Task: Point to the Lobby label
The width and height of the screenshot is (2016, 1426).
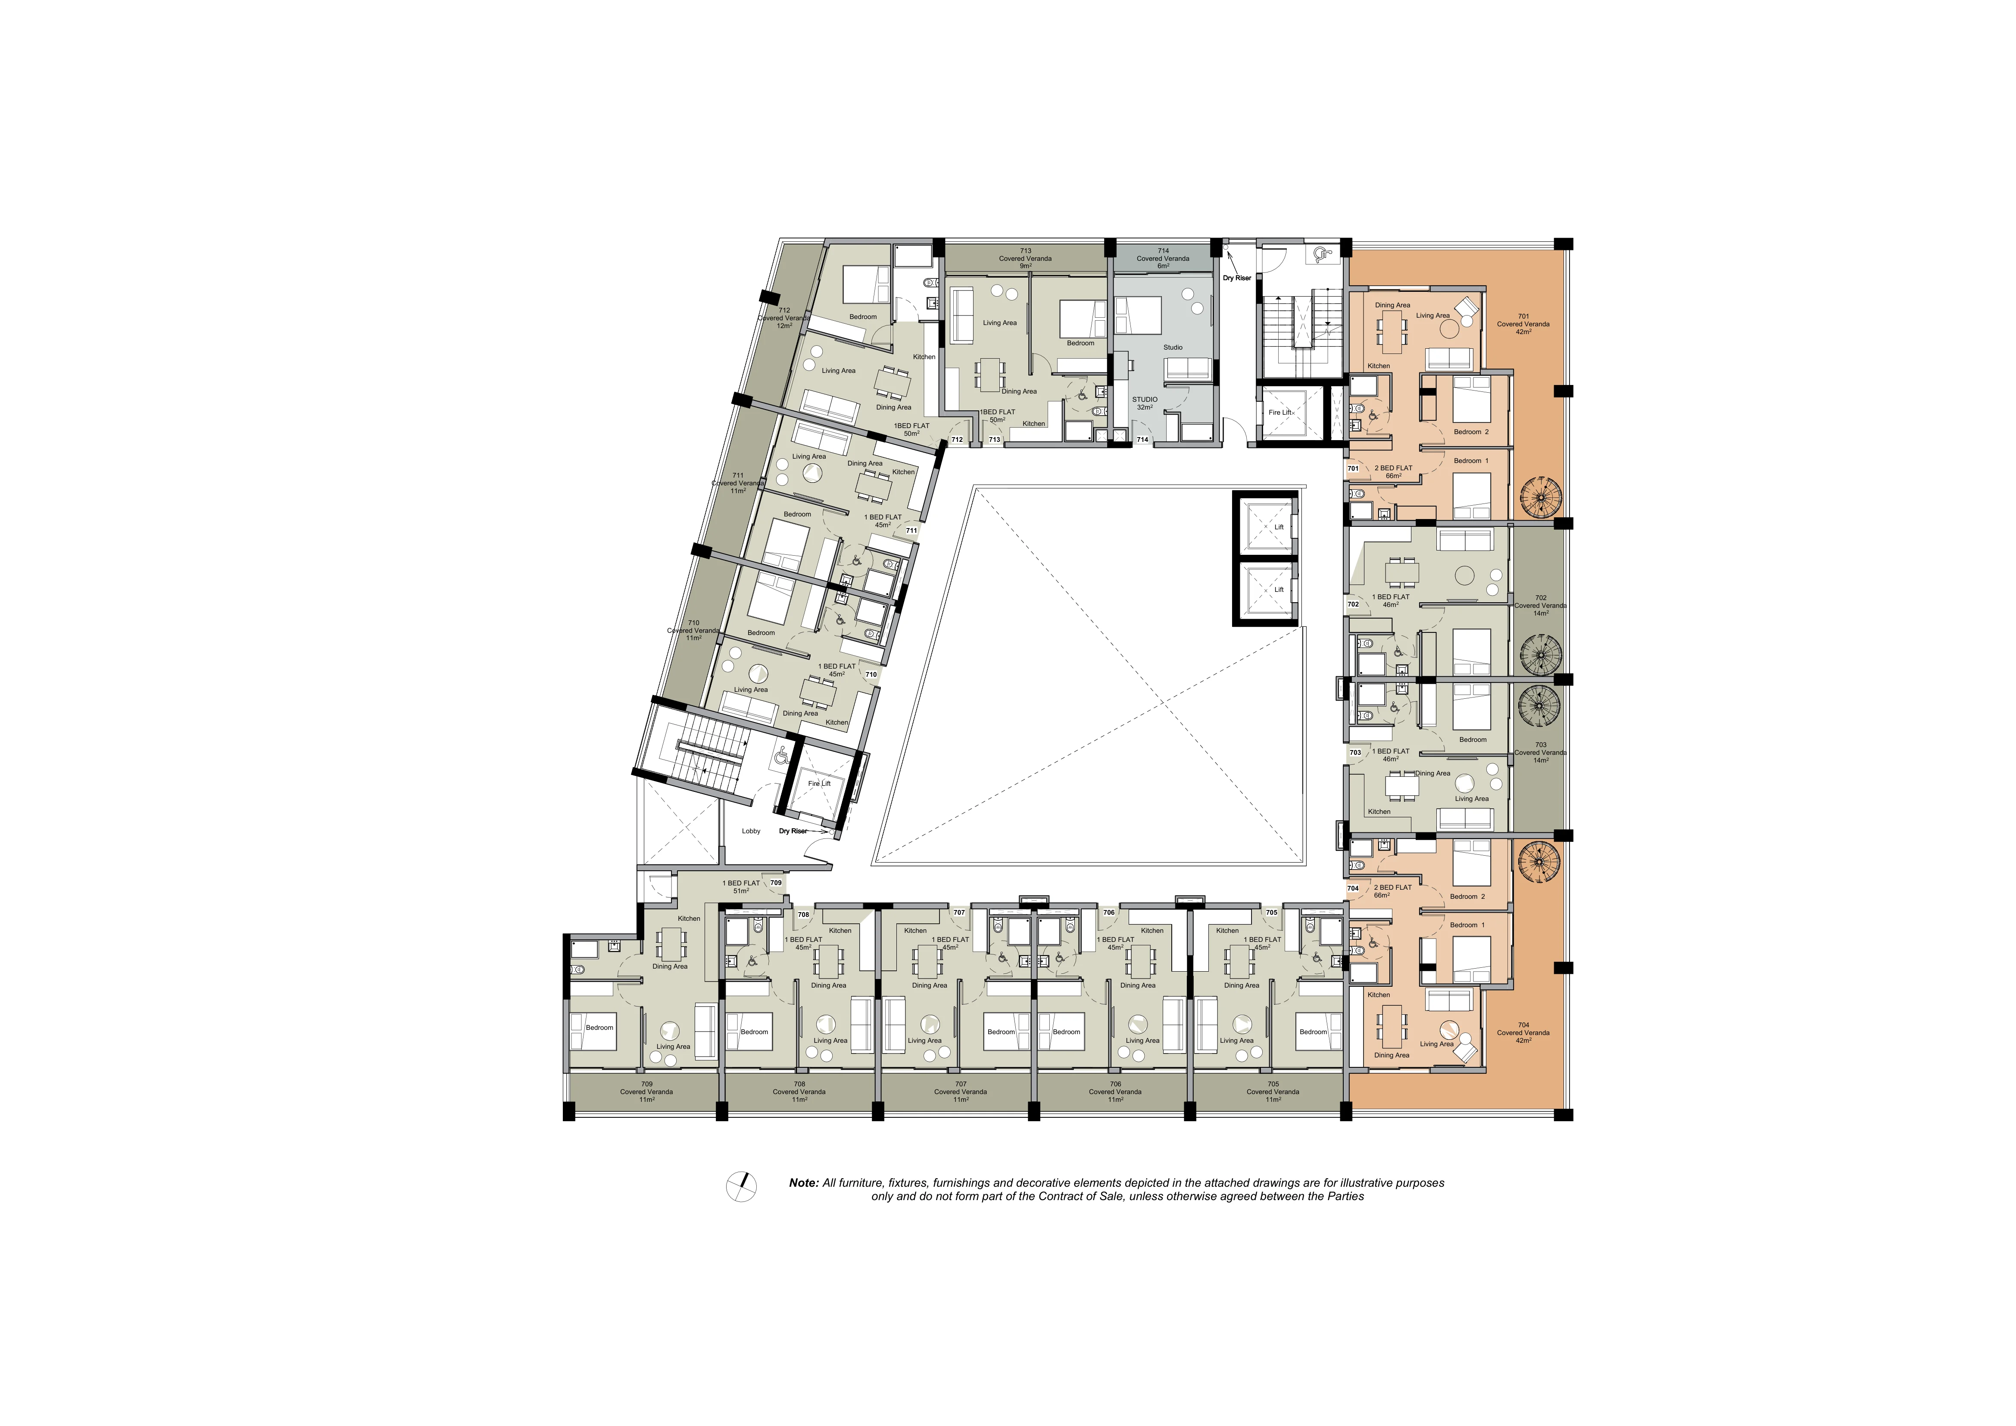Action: (x=751, y=831)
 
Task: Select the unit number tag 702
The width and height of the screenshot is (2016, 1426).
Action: (x=1353, y=604)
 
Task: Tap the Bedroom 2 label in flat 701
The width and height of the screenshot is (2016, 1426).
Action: (x=1472, y=432)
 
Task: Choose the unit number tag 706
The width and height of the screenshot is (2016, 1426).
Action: (x=1109, y=912)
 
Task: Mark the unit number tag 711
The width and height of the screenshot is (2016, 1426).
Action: (x=911, y=530)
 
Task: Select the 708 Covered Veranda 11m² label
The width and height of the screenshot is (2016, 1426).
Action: (x=799, y=1091)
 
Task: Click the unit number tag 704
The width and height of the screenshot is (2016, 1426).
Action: (x=1353, y=888)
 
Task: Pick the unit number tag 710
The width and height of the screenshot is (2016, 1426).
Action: (x=871, y=674)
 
